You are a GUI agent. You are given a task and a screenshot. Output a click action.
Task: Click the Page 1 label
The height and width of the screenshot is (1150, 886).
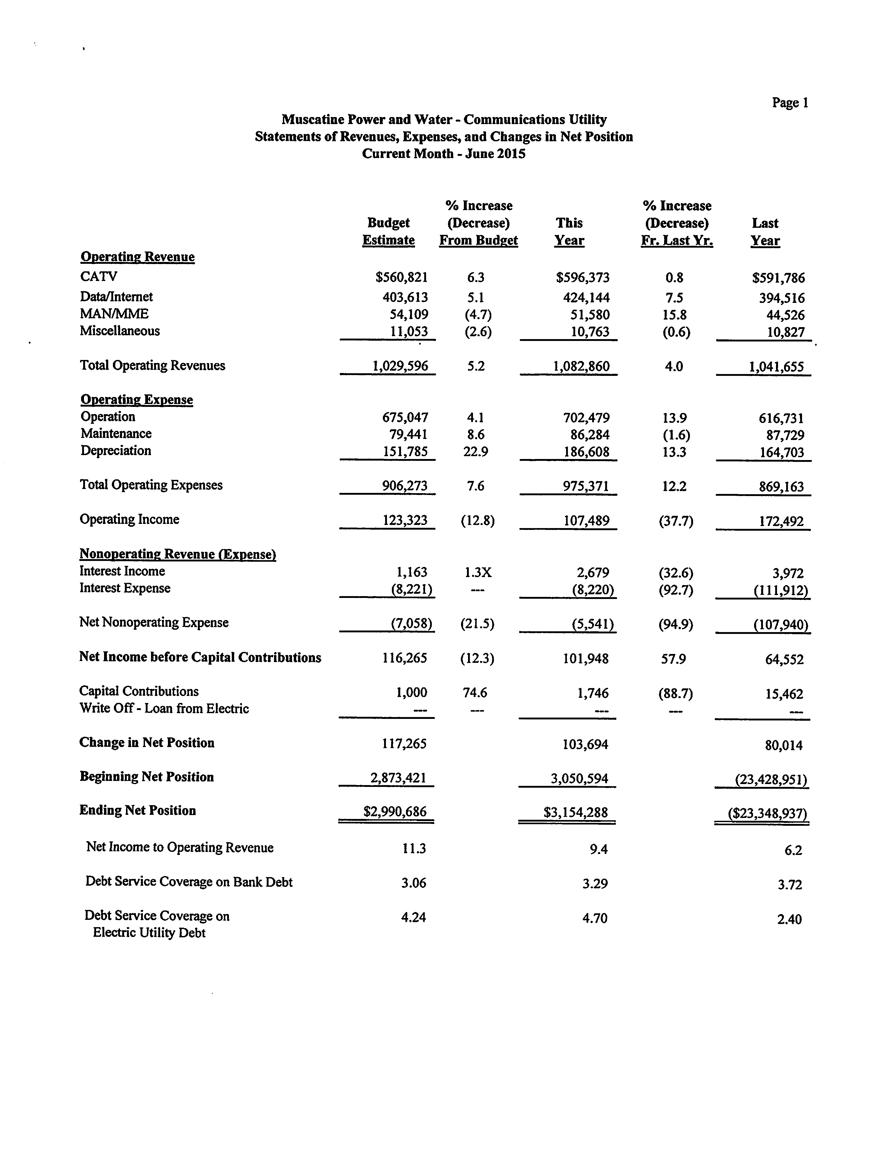click(790, 103)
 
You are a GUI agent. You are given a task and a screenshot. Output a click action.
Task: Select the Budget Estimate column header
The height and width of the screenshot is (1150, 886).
click(388, 231)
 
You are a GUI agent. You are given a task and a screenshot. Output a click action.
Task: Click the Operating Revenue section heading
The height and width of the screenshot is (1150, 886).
click(137, 257)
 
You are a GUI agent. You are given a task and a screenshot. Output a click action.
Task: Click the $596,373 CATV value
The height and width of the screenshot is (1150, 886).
click(582, 278)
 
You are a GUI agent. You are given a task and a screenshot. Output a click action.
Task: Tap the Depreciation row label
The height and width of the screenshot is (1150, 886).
click(116, 451)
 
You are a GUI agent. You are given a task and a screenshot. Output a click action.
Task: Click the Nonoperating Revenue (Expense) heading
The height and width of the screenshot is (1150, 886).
click(178, 554)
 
